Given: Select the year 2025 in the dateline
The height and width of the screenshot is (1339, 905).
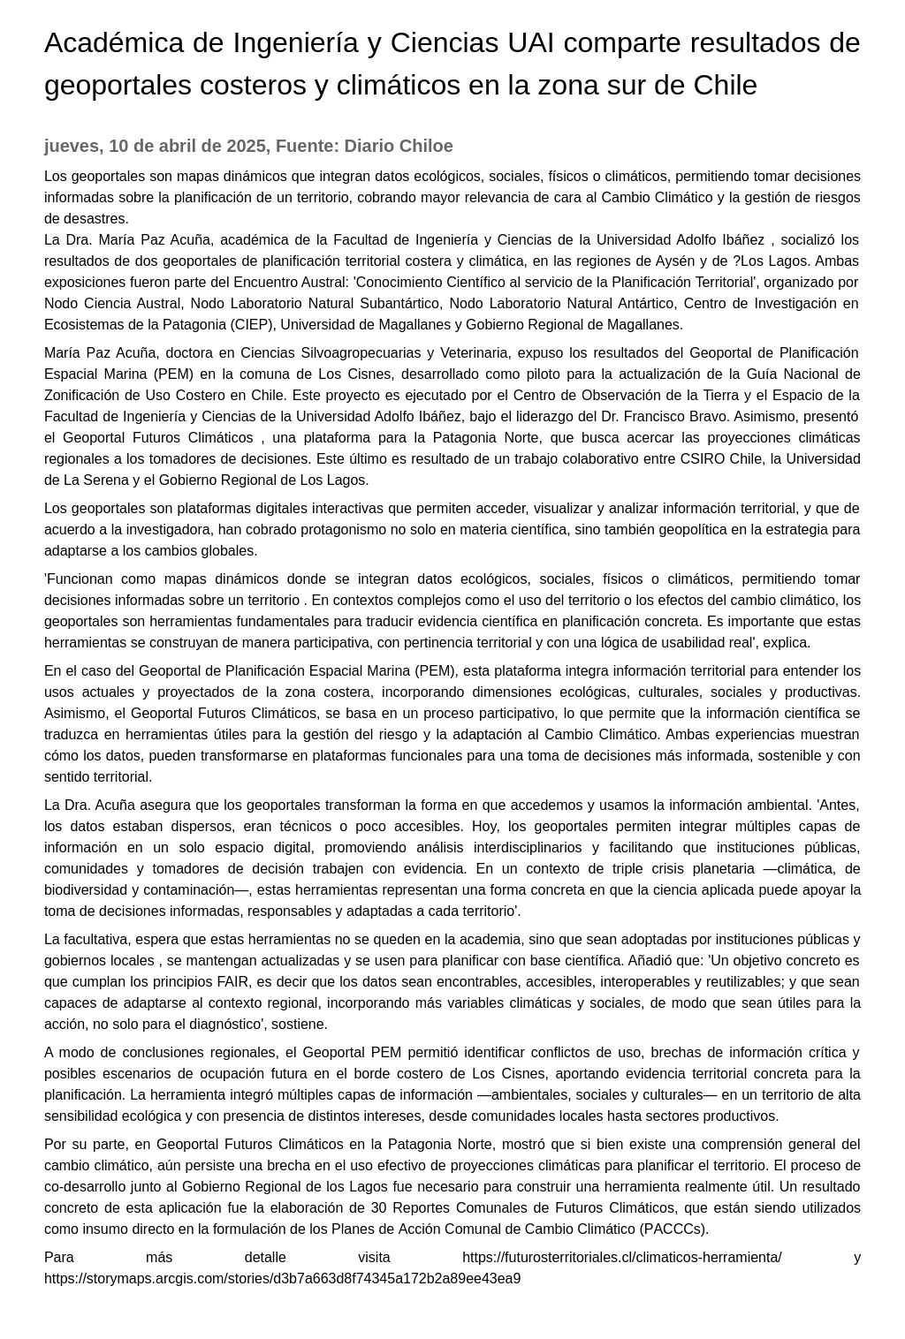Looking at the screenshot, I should pyautogui.click(x=247, y=147).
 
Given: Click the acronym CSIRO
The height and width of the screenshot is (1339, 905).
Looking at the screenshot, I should pyautogui.click(x=701, y=459).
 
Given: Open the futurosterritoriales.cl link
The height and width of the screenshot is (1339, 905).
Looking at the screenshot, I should pyautogui.click(x=621, y=1258).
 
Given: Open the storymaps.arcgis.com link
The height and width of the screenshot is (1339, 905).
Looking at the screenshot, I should pyautogui.click(x=282, y=1279).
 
